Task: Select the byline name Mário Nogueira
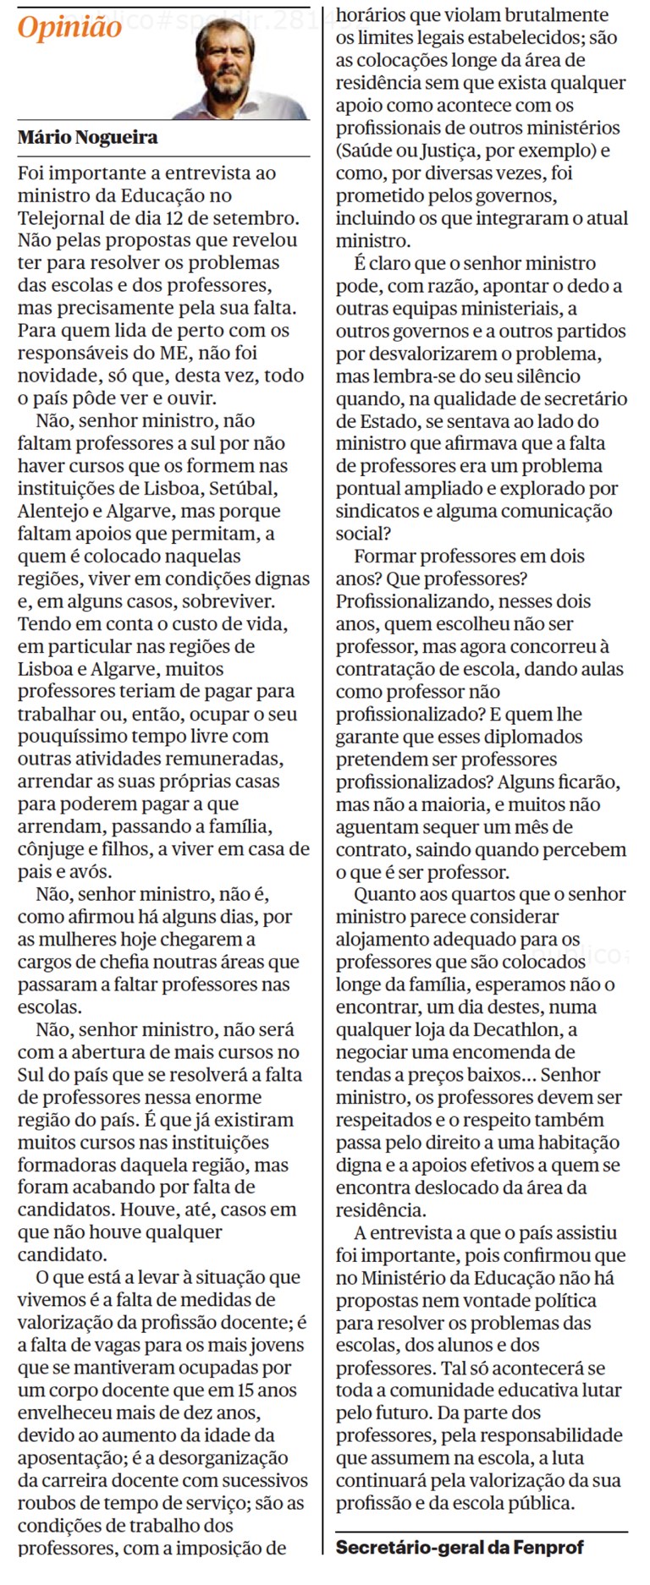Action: click(x=87, y=137)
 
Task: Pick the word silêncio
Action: click(x=543, y=376)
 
